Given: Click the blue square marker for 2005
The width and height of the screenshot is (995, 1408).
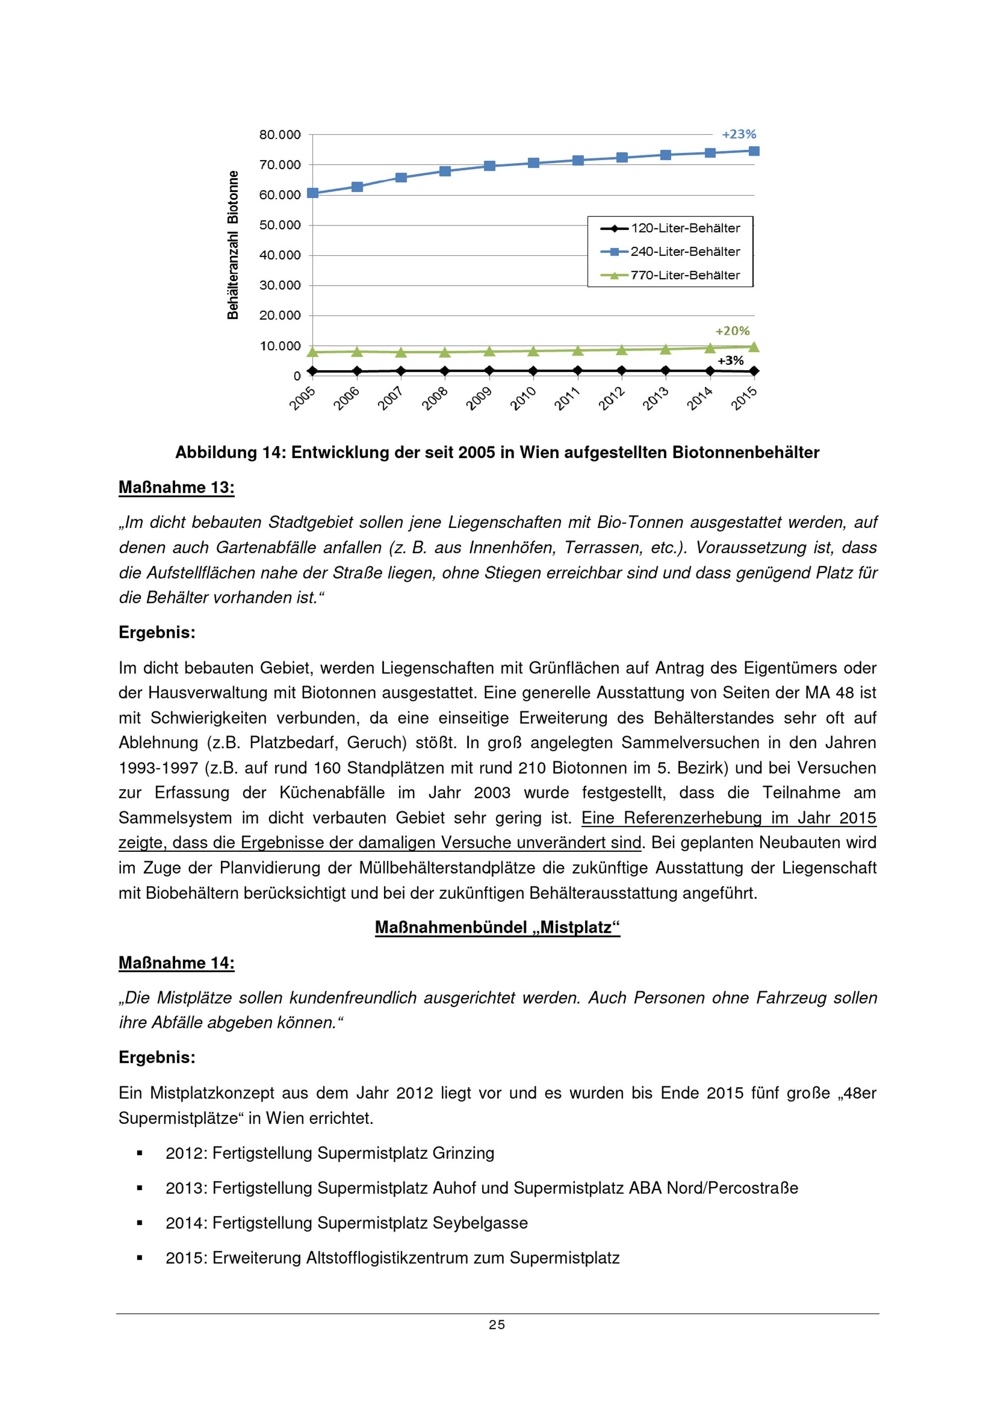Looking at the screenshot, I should [312, 193].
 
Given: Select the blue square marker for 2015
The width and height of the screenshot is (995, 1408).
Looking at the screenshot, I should [754, 151].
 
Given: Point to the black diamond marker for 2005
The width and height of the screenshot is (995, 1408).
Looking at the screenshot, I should [312, 371].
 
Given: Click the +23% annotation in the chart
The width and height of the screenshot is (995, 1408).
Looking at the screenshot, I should [739, 134].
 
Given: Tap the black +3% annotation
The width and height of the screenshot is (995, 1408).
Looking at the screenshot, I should [730, 361].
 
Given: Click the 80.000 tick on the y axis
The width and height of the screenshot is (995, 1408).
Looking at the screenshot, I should [280, 135].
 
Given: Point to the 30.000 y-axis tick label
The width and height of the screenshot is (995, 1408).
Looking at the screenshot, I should [280, 286].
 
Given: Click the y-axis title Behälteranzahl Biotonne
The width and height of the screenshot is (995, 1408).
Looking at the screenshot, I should [233, 245].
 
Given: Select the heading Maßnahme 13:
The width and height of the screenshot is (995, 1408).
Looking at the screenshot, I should [177, 488].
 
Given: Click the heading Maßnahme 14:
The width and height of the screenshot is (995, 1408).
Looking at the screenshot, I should [177, 963].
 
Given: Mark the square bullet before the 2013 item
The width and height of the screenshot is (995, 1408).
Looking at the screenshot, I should [140, 1189].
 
